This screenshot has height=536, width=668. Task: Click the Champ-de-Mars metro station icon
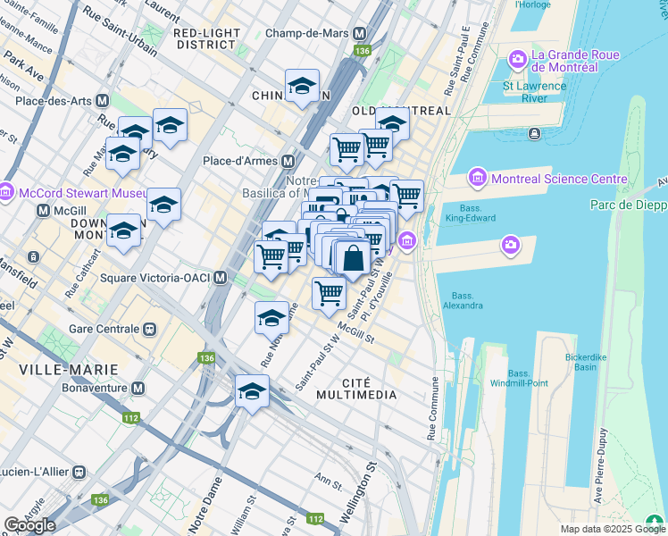click(x=360, y=33)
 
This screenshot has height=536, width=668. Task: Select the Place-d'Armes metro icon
click(x=288, y=162)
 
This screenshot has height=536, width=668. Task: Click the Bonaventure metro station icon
click(x=138, y=389)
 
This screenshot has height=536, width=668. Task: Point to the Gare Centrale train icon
click(x=149, y=327)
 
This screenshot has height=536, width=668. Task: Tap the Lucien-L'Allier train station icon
click(x=79, y=471)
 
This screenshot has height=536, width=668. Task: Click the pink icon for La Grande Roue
click(x=517, y=60)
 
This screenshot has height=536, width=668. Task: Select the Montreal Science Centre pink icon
click(x=477, y=179)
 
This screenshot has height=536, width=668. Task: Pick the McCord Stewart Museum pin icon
click(x=6, y=192)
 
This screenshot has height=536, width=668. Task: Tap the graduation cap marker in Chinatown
click(x=303, y=87)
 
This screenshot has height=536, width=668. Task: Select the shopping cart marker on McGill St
click(x=330, y=292)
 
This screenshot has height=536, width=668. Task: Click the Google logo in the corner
click(x=29, y=525)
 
